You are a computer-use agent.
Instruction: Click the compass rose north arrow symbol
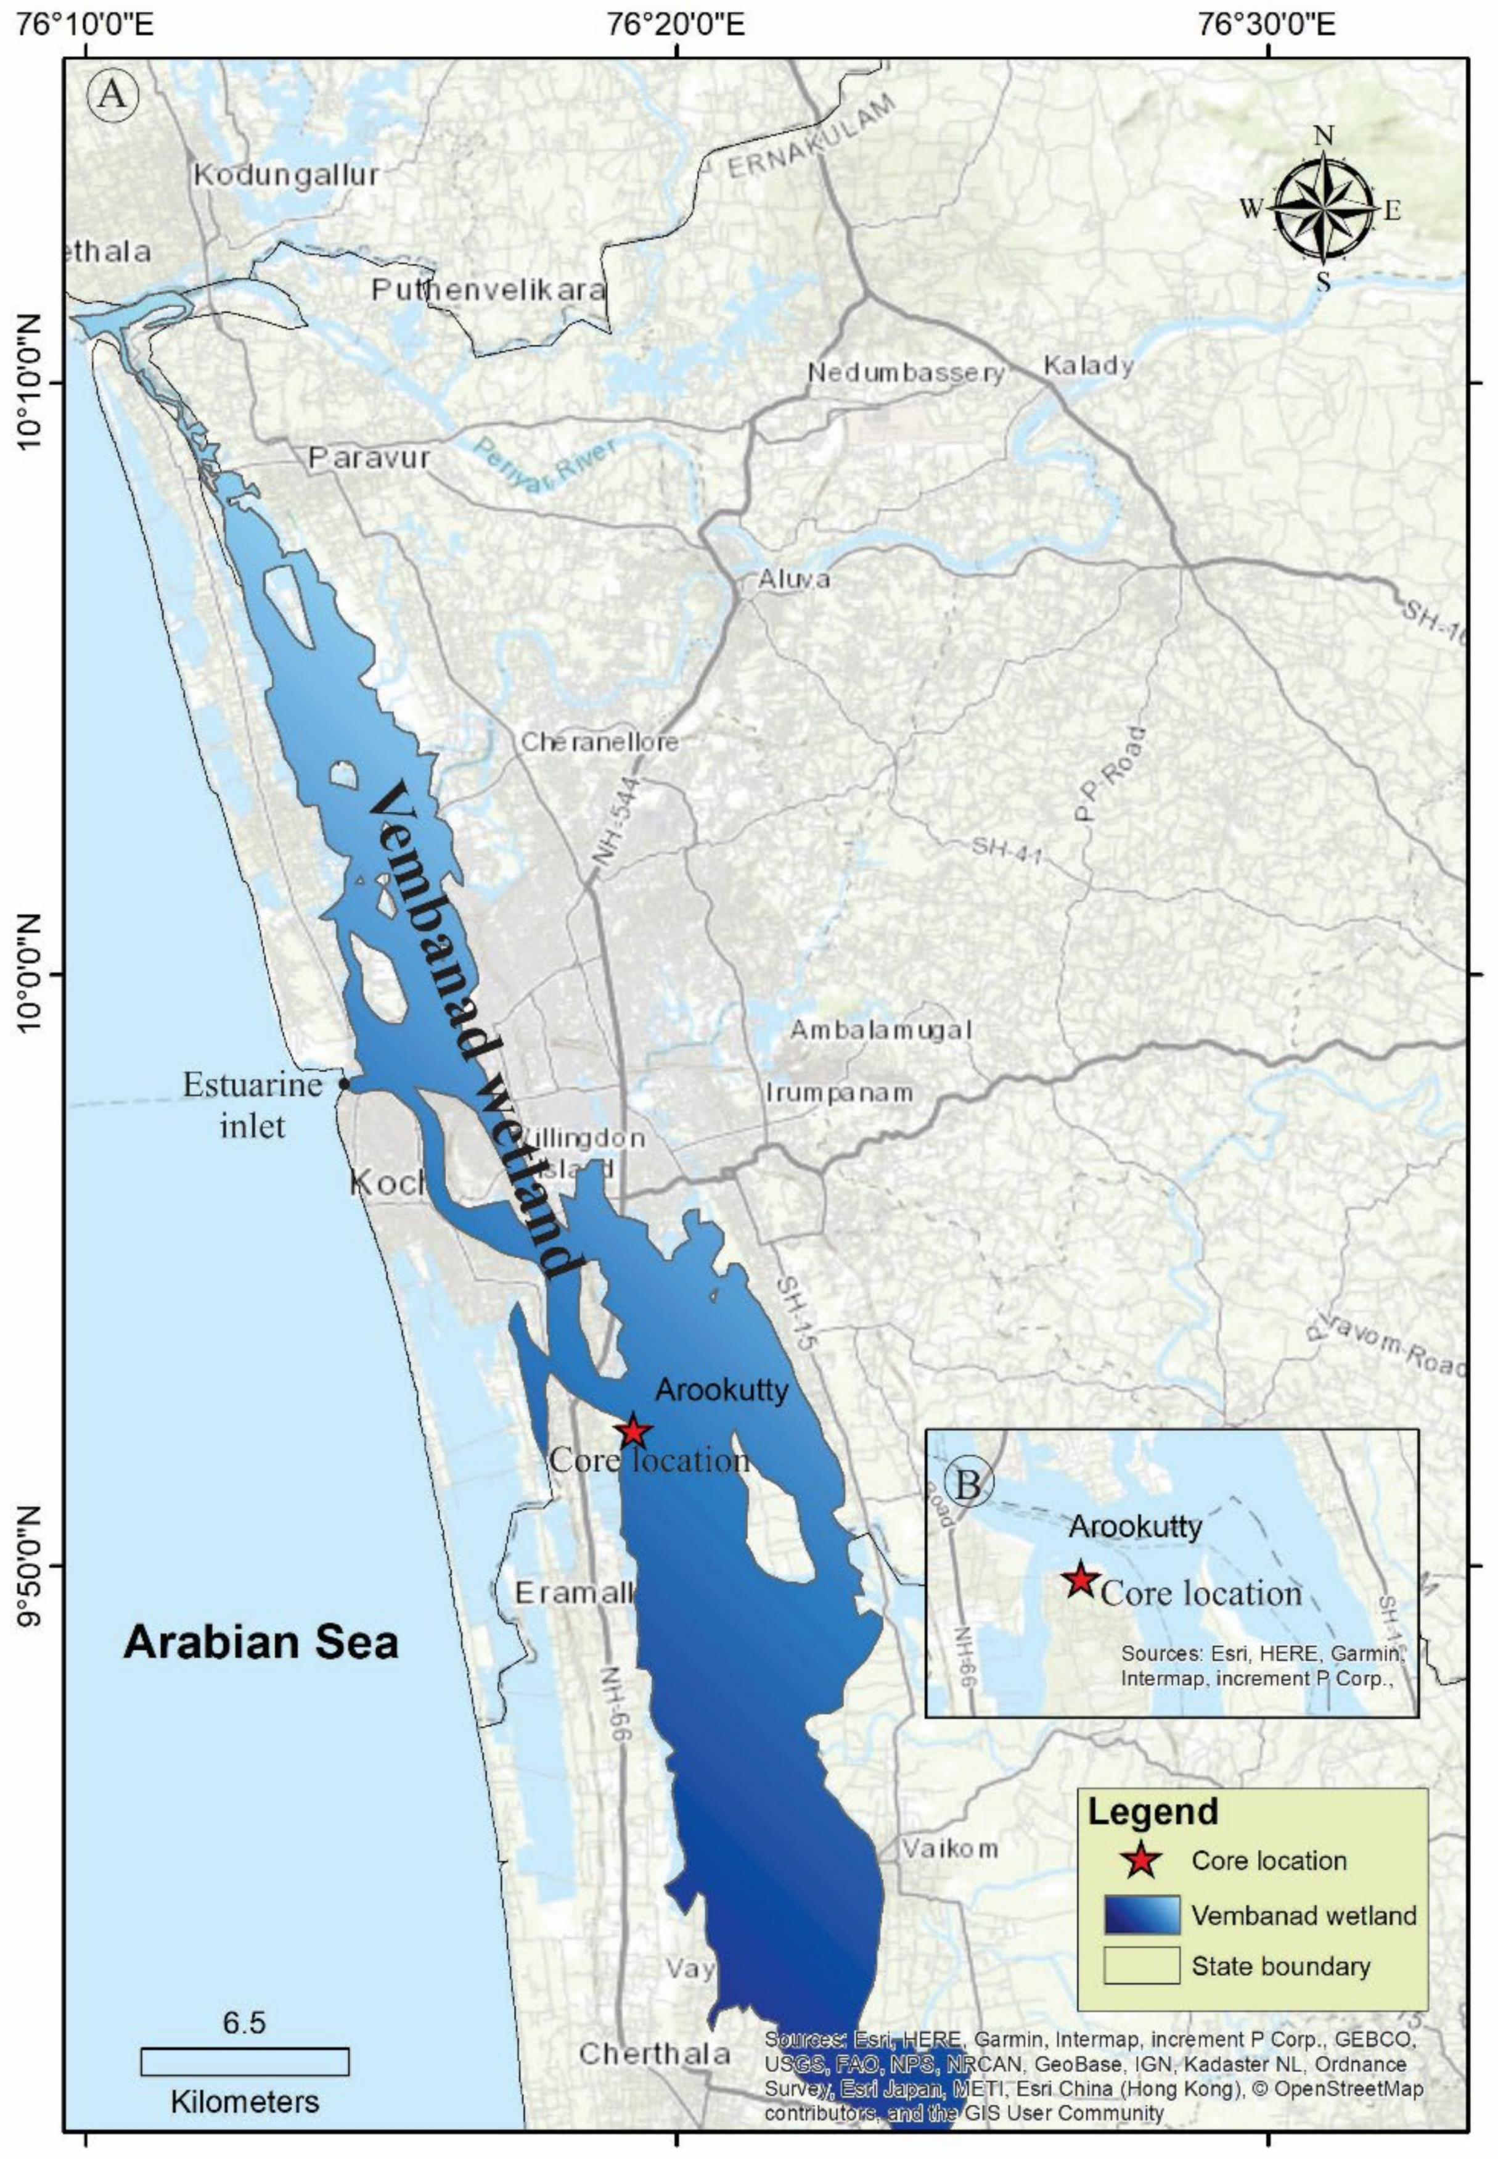point(1322,209)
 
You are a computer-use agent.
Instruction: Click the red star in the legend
point(1140,1860)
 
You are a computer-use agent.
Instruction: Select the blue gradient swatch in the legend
point(1141,1915)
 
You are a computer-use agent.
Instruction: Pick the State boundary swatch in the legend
point(1141,1965)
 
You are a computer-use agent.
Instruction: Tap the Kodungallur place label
point(286,175)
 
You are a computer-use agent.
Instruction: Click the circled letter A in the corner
point(113,94)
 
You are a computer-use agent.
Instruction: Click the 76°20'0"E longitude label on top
point(675,20)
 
